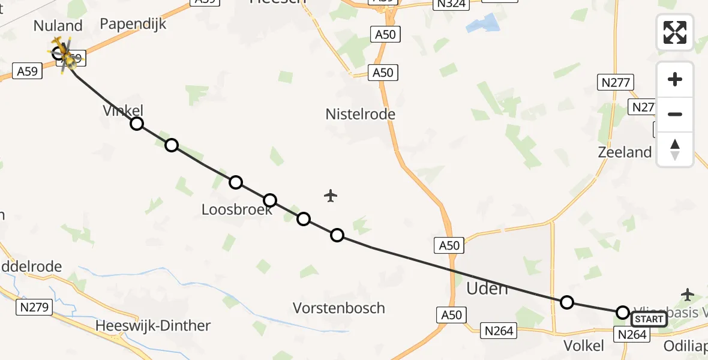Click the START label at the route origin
(x=649, y=319)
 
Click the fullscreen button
(x=675, y=32)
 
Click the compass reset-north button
(x=675, y=149)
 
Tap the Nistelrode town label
(x=361, y=114)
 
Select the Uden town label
(x=487, y=289)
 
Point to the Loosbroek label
(x=236, y=209)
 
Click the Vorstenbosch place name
(x=338, y=308)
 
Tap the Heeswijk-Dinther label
(x=153, y=326)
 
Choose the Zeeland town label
(x=625, y=152)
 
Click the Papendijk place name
(x=133, y=24)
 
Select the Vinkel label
(x=123, y=110)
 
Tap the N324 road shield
(x=451, y=4)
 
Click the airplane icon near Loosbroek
(x=330, y=196)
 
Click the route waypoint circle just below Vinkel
(x=137, y=124)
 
